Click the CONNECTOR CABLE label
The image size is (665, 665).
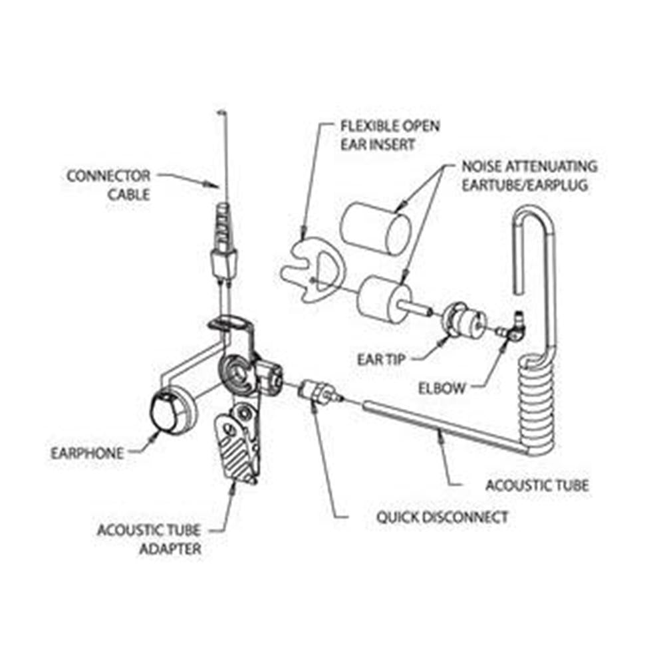click(108, 186)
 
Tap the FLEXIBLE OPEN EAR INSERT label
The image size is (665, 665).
click(390, 134)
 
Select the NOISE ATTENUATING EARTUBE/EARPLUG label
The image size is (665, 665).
click(529, 175)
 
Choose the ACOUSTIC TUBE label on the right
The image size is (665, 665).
click(537, 485)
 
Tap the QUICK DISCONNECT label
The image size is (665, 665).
click(442, 517)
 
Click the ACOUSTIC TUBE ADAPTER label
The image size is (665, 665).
click(149, 540)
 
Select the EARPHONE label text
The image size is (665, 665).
click(87, 454)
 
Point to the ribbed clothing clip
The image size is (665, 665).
click(236, 446)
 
